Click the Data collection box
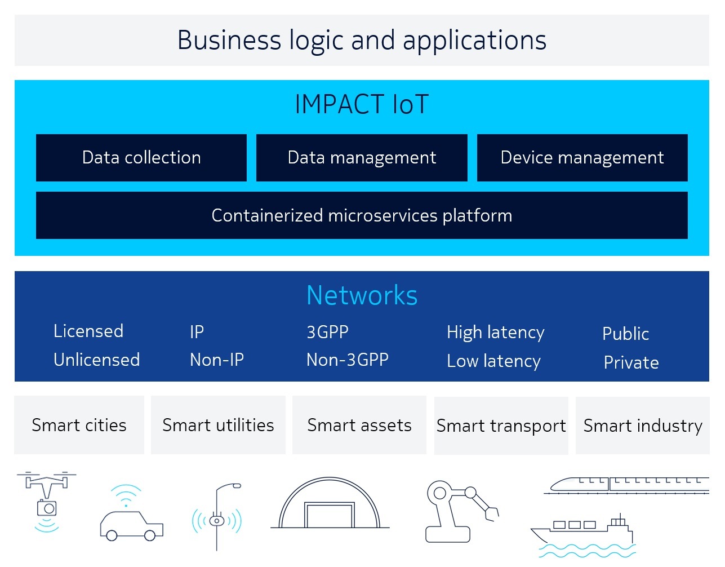pos(141,157)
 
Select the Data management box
pos(362,157)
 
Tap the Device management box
pos(582,157)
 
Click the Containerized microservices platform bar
pos(362,215)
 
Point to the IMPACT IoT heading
pos(362,104)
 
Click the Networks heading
pos(362,295)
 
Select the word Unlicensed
pos(97,360)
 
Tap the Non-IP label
pos(217,360)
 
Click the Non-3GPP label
pos(348,360)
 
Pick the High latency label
pos(496,333)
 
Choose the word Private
pos(631,362)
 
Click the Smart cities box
pos(79,425)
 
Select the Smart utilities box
pos(218,425)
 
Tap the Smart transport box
pos(501,426)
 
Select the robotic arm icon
pos(462,511)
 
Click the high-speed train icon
pos(626,486)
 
